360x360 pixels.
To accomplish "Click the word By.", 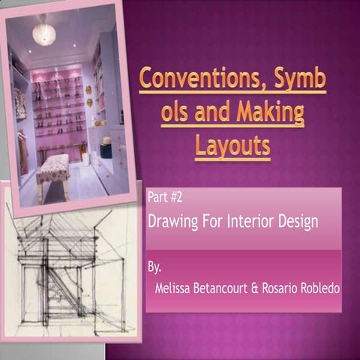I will pos(154,266).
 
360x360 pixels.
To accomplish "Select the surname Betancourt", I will pos(222,288).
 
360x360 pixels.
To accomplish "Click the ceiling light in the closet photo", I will pos(44,34).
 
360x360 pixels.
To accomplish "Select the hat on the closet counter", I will pos(106,140).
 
